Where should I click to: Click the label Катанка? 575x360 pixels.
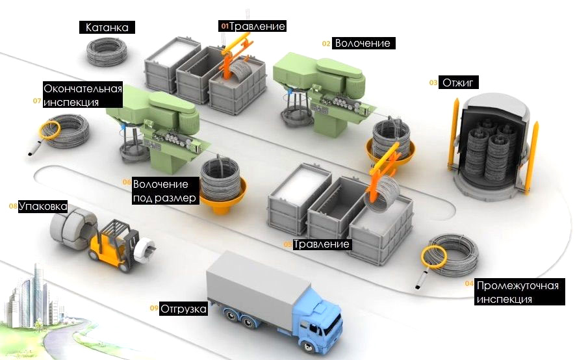point(107,27)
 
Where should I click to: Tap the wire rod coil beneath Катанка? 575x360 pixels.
point(108,51)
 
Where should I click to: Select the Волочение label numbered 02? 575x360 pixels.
point(363,44)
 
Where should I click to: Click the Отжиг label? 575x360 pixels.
point(459,83)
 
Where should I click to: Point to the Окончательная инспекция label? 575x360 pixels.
point(83,95)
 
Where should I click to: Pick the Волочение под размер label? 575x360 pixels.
point(164,191)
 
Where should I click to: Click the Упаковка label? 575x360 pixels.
point(43,207)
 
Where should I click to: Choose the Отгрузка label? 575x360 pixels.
point(183,309)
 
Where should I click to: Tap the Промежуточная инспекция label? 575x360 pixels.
point(517,292)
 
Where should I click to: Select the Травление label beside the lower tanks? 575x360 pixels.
point(322,244)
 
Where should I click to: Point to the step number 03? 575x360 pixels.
point(433,83)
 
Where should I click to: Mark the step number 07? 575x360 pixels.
point(37,101)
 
